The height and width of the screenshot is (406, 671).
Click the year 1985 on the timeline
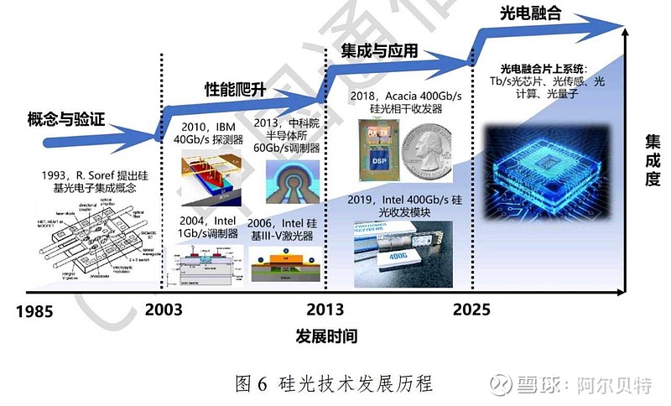pyautogui.click(x=34, y=310)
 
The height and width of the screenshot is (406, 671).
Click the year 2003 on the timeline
pyautogui.click(x=164, y=309)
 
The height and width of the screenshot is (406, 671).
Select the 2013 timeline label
pyautogui.click(x=325, y=308)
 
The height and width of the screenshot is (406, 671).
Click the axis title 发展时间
pyautogui.click(x=326, y=336)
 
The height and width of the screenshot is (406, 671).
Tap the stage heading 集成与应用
pyautogui.click(x=379, y=51)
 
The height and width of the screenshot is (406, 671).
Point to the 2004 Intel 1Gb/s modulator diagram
pyautogui.click(x=204, y=266)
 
